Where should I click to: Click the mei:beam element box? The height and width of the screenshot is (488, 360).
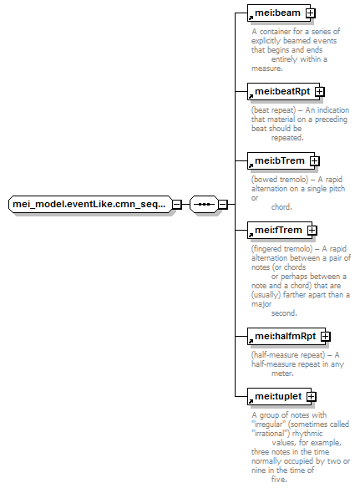[279, 13]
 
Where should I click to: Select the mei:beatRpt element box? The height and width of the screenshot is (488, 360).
[283, 92]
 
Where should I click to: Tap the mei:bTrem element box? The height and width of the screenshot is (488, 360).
[281, 161]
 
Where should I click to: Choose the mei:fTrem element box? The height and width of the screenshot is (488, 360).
[280, 231]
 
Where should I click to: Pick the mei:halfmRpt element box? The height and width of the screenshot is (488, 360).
[286, 337]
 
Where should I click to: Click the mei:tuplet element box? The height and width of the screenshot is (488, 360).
[279, 396]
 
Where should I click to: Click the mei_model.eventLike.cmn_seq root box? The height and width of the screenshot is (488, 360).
[90, 205]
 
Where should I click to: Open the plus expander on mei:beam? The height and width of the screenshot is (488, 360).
[310, 13]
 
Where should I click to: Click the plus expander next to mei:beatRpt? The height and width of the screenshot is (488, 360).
[320, 92]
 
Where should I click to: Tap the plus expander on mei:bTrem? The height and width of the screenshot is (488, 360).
[315, 161]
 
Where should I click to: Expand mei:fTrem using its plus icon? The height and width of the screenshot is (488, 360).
[312, 231]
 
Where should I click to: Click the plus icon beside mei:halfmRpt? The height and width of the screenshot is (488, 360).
[326, 337]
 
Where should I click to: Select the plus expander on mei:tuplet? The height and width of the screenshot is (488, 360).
[312, 396]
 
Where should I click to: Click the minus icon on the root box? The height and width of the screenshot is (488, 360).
[177, 205]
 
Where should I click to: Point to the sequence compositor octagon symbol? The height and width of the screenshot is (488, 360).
[204, 205]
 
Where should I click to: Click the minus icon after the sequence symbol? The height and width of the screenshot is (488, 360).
[223, 205]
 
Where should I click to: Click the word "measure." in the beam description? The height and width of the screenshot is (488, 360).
[267, 69]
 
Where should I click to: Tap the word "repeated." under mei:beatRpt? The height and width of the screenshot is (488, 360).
[287, 138]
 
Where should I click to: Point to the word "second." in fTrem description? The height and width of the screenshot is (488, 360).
[284, 313]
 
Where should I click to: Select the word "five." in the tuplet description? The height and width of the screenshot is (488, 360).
[279, 480]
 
